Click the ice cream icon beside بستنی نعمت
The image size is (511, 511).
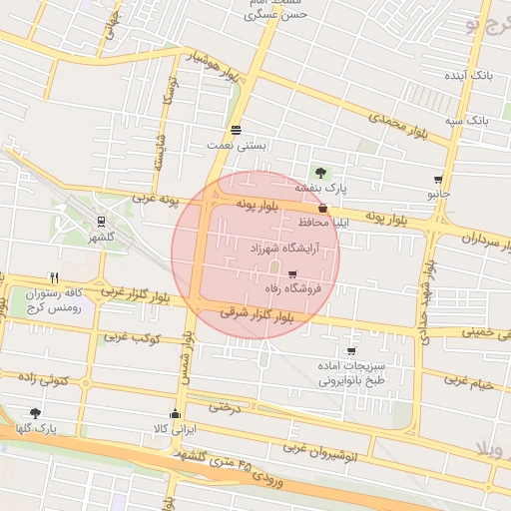pyautogui.click(x=236, y=130)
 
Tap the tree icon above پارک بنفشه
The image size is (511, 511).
pyautogui.click(x=319, y=173)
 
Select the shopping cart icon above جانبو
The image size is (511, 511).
pyautogui.click(x=437, y=180)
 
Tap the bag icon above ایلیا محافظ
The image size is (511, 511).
pyautogui.click(x=321, y=208)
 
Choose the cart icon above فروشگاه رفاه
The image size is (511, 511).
pyautogui.click(x=291, y=274)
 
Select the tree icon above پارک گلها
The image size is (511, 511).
pyautogui.click(x=36, y=412)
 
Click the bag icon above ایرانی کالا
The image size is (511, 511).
pyautogui.click(x=176, y=414)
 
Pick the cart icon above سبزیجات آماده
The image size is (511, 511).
pyautogui.click(x=350, y=350)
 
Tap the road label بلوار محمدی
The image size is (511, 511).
pyautogui.click(x=397, y=125)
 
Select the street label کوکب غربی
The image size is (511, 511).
pyautogui.click(x=132, y=337)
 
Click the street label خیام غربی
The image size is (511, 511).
pyautogui.click(x=469, y=381)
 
